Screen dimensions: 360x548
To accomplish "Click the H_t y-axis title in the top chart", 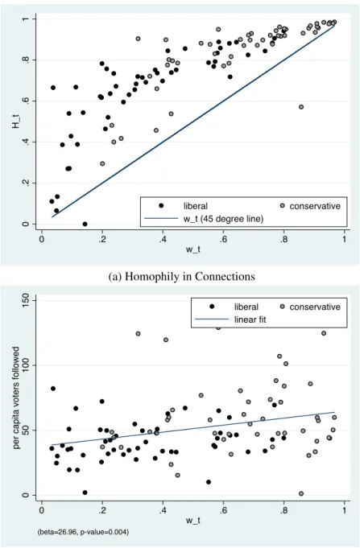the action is point(16,122).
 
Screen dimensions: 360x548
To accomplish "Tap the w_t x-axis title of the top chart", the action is point(192,249).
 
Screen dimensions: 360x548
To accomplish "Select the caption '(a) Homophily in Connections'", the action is point(181,277).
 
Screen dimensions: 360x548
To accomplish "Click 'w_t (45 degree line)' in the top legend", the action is point(224,219).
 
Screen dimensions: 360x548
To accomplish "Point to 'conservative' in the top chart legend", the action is point(315,206).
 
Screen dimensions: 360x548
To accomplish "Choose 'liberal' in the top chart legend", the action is point(196,206).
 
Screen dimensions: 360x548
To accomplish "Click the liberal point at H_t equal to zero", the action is point(85,224).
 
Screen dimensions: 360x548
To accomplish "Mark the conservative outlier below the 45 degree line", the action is point(301,107).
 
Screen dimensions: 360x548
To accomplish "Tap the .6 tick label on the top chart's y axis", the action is point(25,101).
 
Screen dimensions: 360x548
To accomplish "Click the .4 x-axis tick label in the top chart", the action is point(163,240).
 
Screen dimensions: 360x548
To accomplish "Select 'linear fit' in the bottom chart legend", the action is point(250,319).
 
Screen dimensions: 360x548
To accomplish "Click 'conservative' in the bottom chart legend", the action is point(315,307).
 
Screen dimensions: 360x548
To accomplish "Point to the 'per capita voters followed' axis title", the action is point(16,398).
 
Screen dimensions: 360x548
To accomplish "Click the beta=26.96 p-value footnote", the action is point(83,532).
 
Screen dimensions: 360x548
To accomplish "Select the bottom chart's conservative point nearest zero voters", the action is point(301,493).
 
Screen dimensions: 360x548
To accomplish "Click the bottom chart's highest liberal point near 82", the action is point(53,389).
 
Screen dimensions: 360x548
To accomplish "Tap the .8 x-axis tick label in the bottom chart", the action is point(283,511).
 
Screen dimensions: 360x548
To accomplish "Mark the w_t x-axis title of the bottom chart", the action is point(192,521).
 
